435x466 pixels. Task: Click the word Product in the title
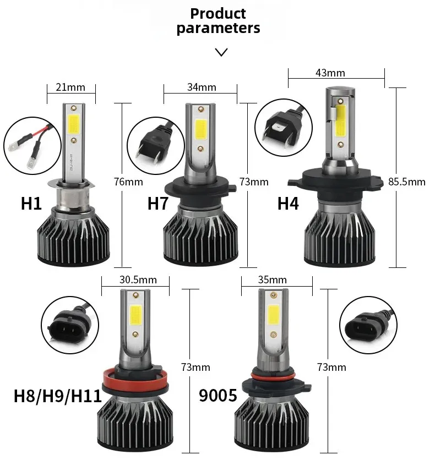[x=218, y=13]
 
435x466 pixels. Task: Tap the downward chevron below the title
[x=221, y=52]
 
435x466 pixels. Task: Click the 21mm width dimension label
[x=71, y=87]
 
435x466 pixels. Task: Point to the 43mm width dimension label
[x=330, y=73]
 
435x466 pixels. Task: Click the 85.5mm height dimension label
[x=407, y=182]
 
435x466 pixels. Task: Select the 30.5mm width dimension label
[x=138, y=279]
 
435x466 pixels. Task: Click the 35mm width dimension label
[x=272, y=279]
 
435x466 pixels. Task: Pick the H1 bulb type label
[x=31, y=203]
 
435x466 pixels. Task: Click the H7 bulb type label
[x=158, y=203]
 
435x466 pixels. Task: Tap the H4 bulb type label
[x=288, y=203]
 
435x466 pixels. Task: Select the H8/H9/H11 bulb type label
[x=58, y=396]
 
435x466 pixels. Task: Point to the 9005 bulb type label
[x=218, y=396]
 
